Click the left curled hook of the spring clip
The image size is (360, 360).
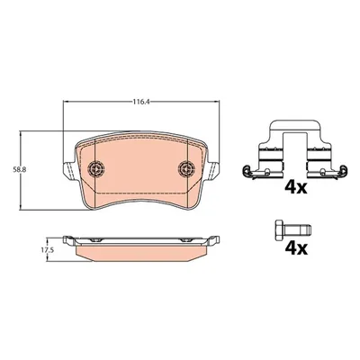pos(247,169)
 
